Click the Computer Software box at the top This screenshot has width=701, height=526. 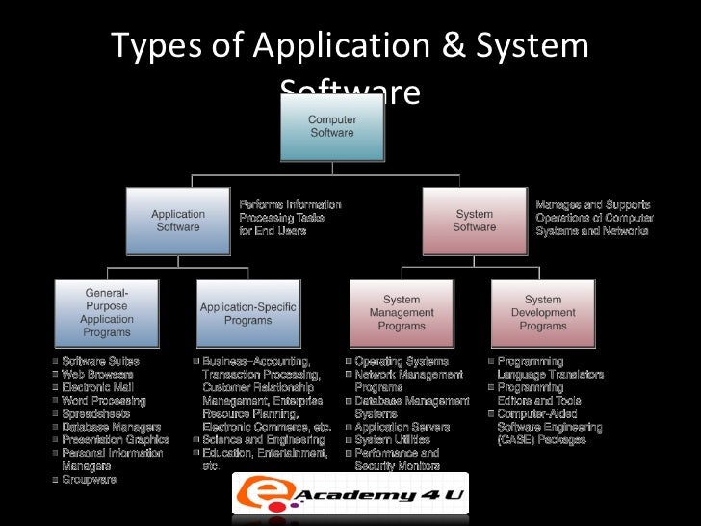pyautogui.click(x=331, y=126)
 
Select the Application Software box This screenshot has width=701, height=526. pyautogui.click(x=178, y=221)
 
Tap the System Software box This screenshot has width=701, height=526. pyautogui.click(x=474, y=221)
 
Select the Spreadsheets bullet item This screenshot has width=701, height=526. pyautogui.click(x=93, y=412)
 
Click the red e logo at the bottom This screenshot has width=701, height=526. pyautogui.click(x=252, y=494)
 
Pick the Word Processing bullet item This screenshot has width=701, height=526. pyautogui.click(x=103, y=400)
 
